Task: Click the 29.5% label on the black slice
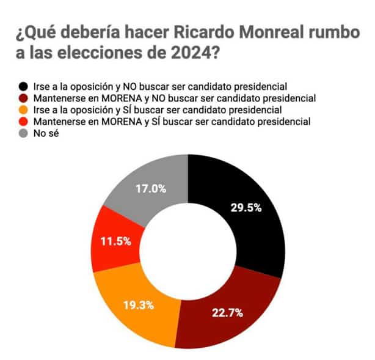coord(246,207)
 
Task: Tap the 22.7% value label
coord(227,313)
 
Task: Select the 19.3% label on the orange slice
coord(137,304)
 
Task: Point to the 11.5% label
coord(114,241)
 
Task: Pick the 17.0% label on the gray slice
coord(150,189)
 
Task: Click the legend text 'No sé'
coord(46,134)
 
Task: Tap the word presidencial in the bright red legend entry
coord(285,122)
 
